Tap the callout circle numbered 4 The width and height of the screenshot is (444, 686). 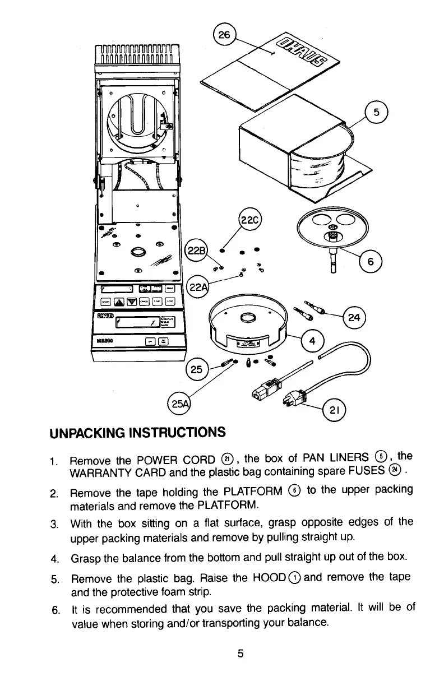coord(312,341)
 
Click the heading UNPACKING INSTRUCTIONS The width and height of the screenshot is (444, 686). coord(137,433)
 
